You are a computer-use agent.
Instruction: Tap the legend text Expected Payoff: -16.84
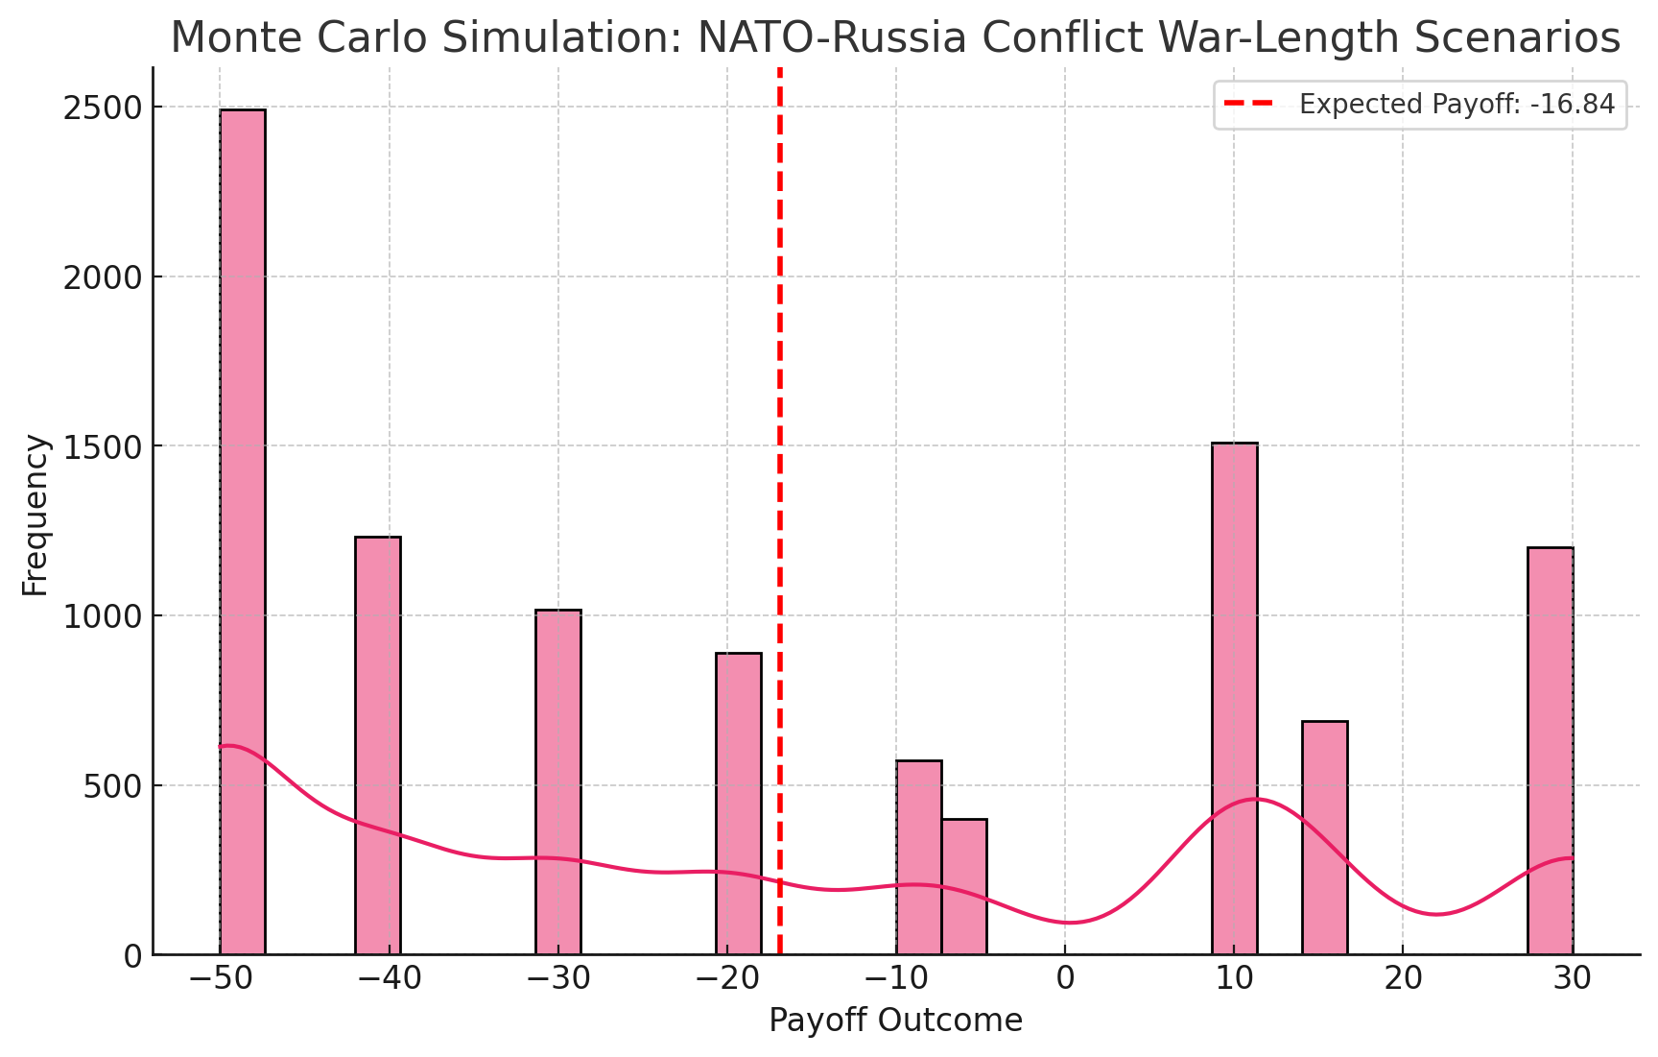pos(1457,105)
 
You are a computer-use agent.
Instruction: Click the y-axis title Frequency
pos(36,515)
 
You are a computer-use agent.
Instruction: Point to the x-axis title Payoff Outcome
pos(895,1021)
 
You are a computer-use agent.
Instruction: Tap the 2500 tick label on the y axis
pos(101,108)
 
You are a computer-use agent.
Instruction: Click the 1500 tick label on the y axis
pos(101,446)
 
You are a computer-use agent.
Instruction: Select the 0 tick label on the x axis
pos(1065,978)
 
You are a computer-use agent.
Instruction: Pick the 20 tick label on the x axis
pos(1403,978)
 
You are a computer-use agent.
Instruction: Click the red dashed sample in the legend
pos(1248,105)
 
